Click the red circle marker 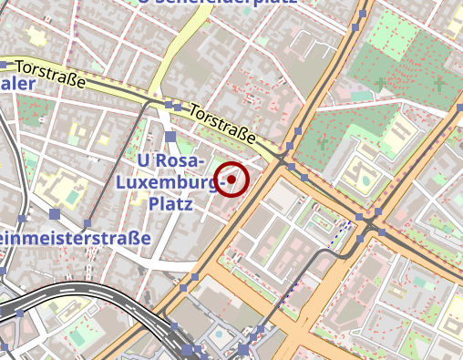click(232, 180)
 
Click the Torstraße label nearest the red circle click(223, 125)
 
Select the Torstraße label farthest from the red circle click(51, 74)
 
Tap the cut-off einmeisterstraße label click(75, 240)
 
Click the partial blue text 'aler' click(17, 85)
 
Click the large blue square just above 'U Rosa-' click(170, 138)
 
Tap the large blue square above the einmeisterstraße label click(55, 215)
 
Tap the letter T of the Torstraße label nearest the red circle click(195, 111)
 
